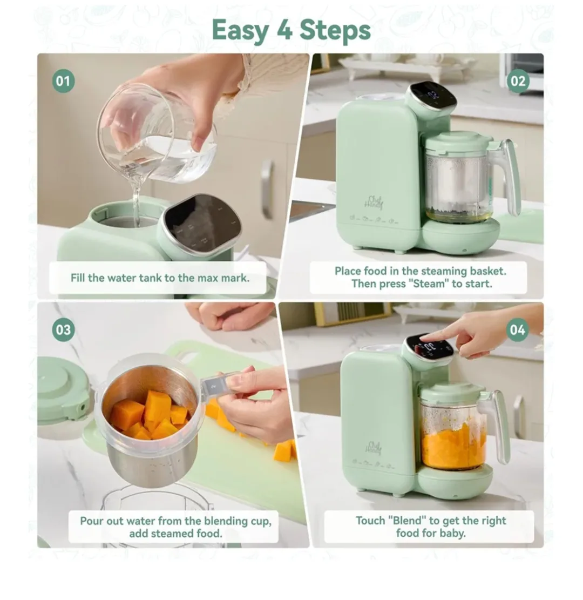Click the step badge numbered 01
click(63, 82)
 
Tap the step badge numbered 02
click(517, 82)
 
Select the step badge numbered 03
click(63, 330)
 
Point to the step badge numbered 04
click(517, 330)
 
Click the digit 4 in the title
click(282, 30)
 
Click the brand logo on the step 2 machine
click(374, 201)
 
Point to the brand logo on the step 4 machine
click(374, 448)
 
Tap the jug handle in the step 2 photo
click(510, 176)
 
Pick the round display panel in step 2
click(432, 96)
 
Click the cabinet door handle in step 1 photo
click(267, 181)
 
